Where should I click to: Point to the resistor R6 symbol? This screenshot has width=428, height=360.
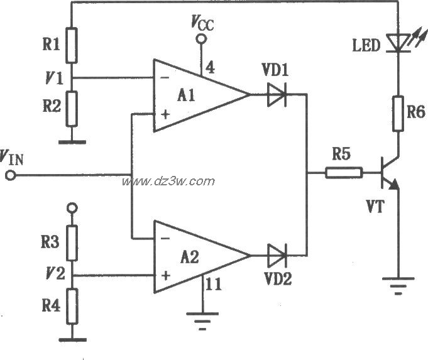pyautogui.click(x=397, y=114)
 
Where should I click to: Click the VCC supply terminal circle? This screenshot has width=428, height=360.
pyautogui.click(x=202, y=39)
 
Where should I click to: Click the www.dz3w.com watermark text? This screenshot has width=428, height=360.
pyautogui.click(x=168, y=182)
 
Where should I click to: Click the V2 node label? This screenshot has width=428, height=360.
pyautogui.click(x=53, y=274)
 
